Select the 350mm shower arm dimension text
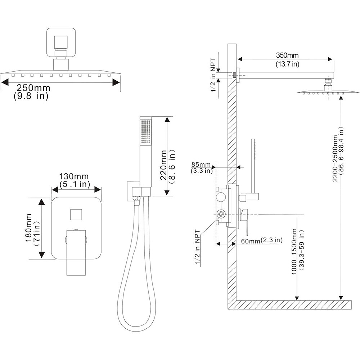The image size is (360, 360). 287,56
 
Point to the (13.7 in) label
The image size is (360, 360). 287,64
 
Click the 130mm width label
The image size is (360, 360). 75,176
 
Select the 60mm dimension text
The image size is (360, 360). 249,240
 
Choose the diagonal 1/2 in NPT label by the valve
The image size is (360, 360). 198,248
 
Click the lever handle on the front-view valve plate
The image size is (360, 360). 76,252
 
